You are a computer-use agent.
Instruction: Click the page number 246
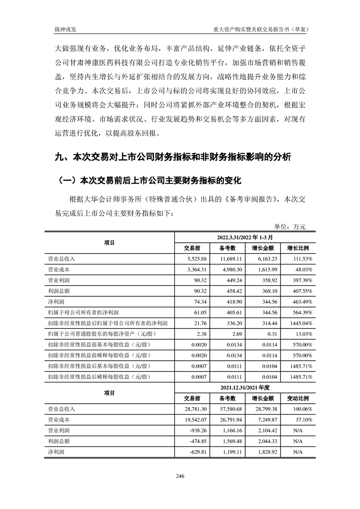pos(180,476)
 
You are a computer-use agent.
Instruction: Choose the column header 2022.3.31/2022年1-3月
pos(246,237)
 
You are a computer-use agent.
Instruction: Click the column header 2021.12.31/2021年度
pos(246,388)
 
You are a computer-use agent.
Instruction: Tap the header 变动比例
pos(298,399)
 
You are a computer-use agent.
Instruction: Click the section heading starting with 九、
pos(173,158)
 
